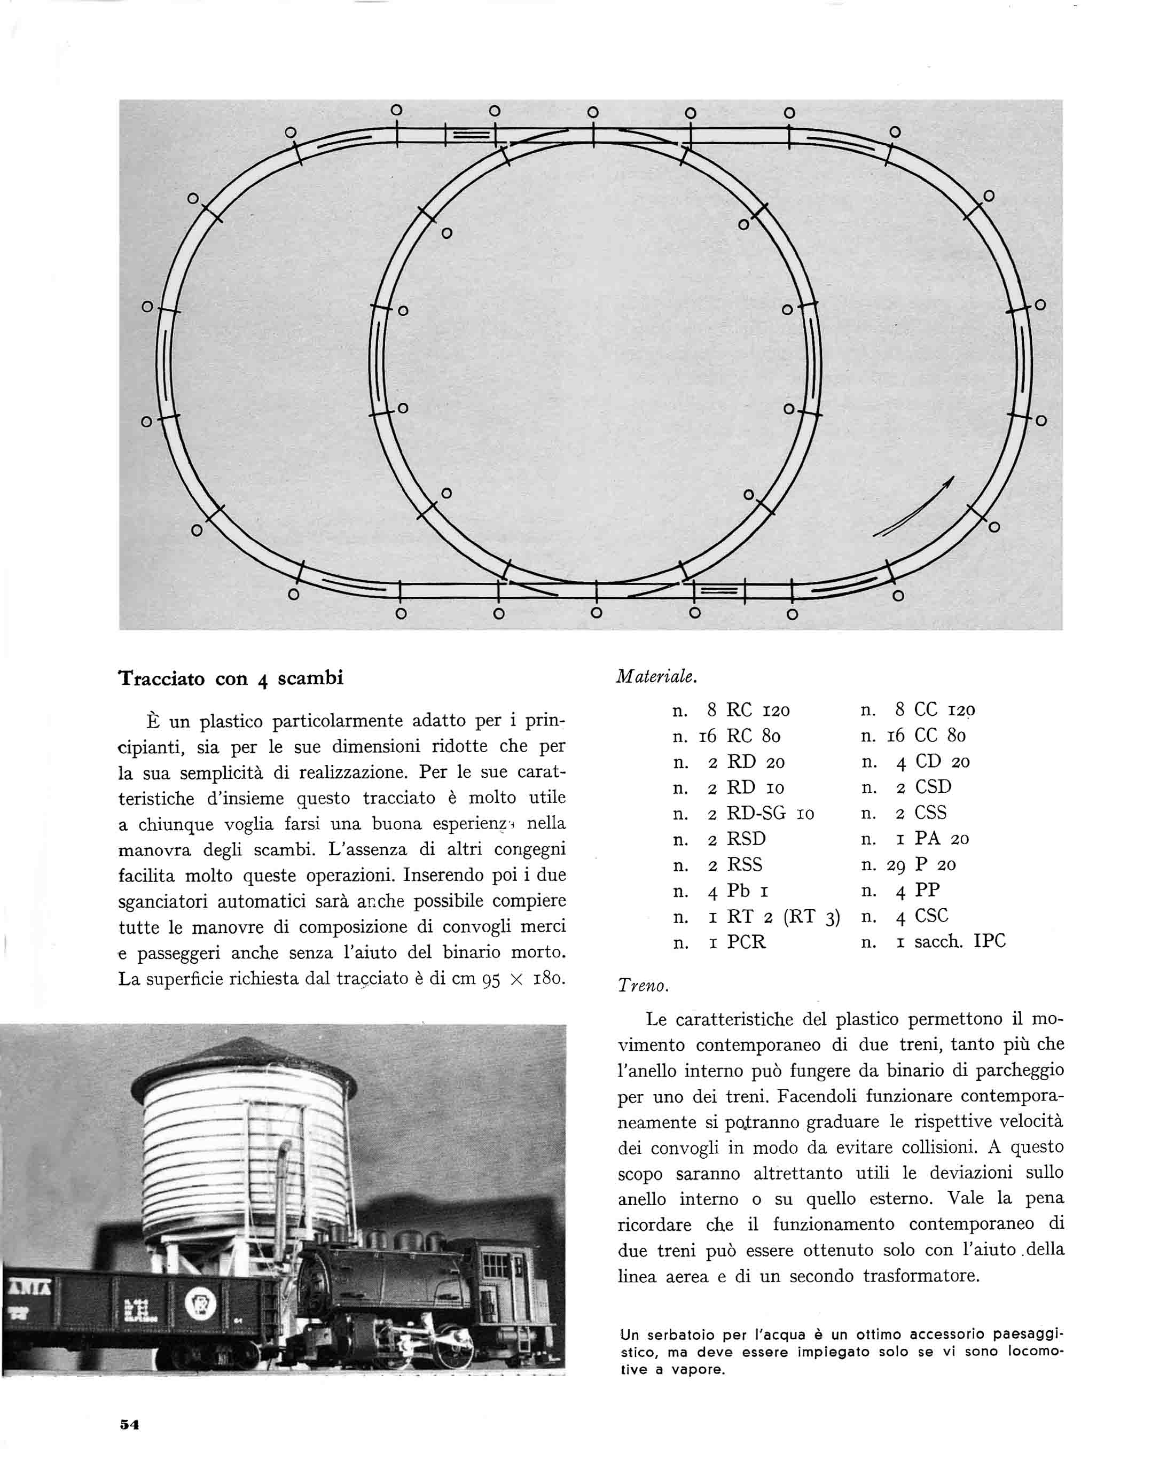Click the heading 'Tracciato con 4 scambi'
point(231,678)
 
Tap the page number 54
point(129,1425)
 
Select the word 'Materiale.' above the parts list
point(656,676)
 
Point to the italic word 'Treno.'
point(643,986)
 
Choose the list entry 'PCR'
point(746,942)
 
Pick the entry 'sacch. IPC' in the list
point(960,942)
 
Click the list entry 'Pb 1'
point(739,891)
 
